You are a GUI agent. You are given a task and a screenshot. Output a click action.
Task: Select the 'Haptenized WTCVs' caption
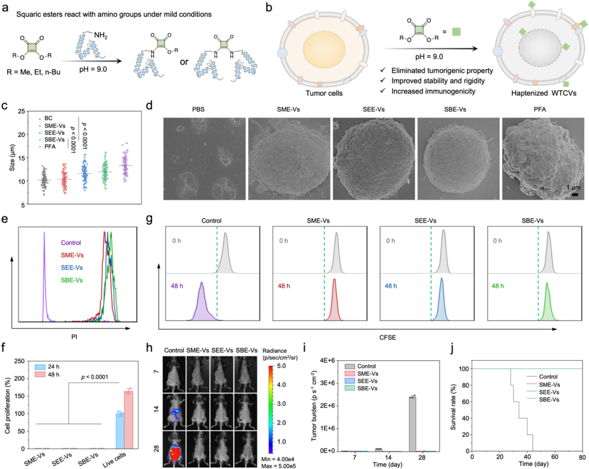point(544,93)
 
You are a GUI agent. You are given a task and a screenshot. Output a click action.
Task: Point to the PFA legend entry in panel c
point(50,147)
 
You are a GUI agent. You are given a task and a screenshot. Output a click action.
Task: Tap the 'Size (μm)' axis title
point(12,158)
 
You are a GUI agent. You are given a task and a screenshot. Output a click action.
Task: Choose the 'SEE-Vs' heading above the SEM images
point(374,109)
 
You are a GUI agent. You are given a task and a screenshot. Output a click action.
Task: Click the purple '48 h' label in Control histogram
point(177,286)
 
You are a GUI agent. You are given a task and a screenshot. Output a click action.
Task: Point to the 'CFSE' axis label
point(387,337)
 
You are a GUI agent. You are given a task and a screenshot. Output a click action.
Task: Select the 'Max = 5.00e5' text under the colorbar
point(278,466)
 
